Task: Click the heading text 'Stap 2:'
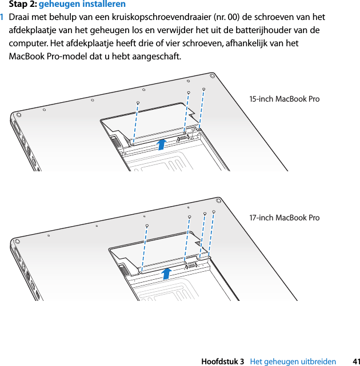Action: click(x=22, y=4)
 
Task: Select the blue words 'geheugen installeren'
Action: click(x=82, y=4)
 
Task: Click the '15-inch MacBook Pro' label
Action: click(x=284, y=99)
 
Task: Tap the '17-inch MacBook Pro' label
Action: click(x=284, y=218)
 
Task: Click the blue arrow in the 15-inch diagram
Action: click(x=162, y=143)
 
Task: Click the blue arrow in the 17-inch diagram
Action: click(x=166, y=274)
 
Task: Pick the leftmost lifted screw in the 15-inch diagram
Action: click(x=138, y=103)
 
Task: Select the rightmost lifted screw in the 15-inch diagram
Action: click(x=203, y=90)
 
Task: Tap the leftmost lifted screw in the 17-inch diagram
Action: click(x=147, y=226)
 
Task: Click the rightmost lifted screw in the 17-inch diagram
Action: click(x=213, y=212)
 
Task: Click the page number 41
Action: click(x=355, y=361)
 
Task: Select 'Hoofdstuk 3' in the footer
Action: click(x=223, y=361)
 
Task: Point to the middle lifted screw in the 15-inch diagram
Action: click(x=188, y=92)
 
